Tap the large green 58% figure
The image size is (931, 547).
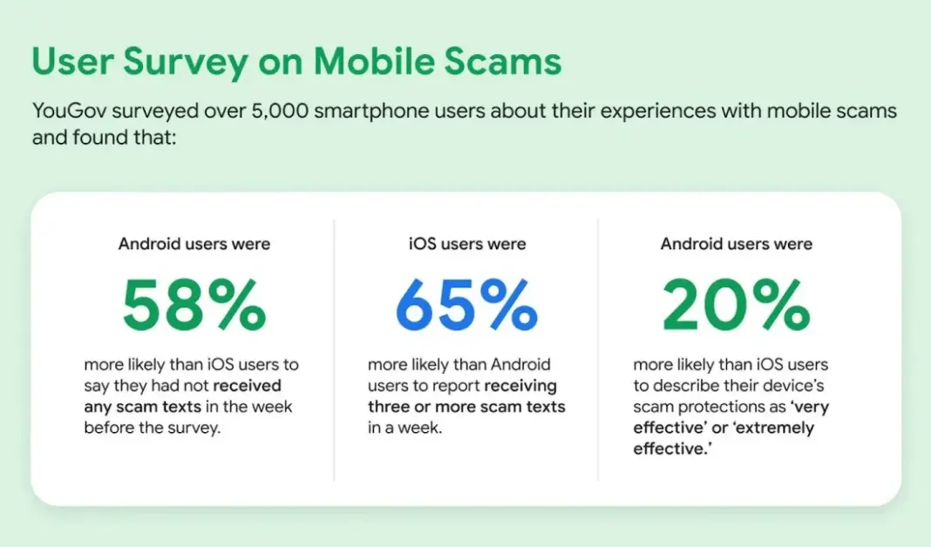coord(194,307)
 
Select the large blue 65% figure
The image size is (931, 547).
coord(465,307)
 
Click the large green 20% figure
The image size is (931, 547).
coord(737,307)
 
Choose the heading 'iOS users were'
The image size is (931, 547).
coord(467,244)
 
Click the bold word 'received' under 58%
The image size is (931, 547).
coord(248,385)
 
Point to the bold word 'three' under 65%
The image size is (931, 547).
coord(390,407)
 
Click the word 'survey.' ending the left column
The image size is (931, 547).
coord(196,428)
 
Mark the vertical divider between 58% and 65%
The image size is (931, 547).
coord(334,348)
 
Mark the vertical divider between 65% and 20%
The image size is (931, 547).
coord(598,348)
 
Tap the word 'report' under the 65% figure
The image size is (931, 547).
coord(449,385)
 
